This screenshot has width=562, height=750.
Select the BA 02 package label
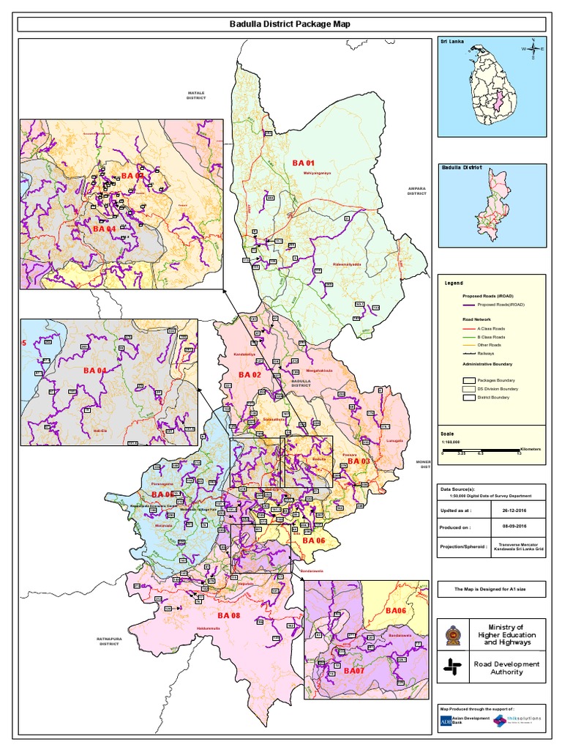pos(250,375)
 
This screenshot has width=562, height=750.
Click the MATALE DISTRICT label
pos(196,96)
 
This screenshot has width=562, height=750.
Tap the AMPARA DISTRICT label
pos(416,190)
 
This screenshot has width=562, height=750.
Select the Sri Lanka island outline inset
pos(492,87)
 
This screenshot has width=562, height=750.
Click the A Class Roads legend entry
pos(490,329)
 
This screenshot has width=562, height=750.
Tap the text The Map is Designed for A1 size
pos(491,588)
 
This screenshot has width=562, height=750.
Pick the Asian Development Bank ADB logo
pos(446,722)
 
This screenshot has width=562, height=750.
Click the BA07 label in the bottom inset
pos(353,671)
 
